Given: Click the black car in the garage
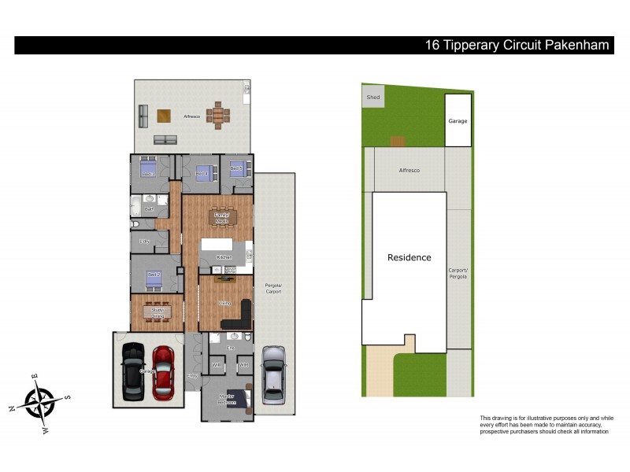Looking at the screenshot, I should (132, 371).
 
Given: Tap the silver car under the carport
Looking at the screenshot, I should (272, 370).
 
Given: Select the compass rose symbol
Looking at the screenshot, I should (39, 402).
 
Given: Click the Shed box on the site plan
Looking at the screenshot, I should (373, 98).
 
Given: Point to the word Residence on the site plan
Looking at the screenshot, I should (409, 257).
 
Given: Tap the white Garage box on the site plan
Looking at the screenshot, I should (458, 120).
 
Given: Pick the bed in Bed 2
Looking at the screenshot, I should (153, 278).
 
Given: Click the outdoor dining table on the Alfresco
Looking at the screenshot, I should (219, 116).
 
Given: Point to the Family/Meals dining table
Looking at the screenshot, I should (222, 217).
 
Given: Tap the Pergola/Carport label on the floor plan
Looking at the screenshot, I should (273, 288).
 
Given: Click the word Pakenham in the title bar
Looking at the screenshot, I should (573, 45).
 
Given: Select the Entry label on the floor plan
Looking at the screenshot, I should (191, 376).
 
